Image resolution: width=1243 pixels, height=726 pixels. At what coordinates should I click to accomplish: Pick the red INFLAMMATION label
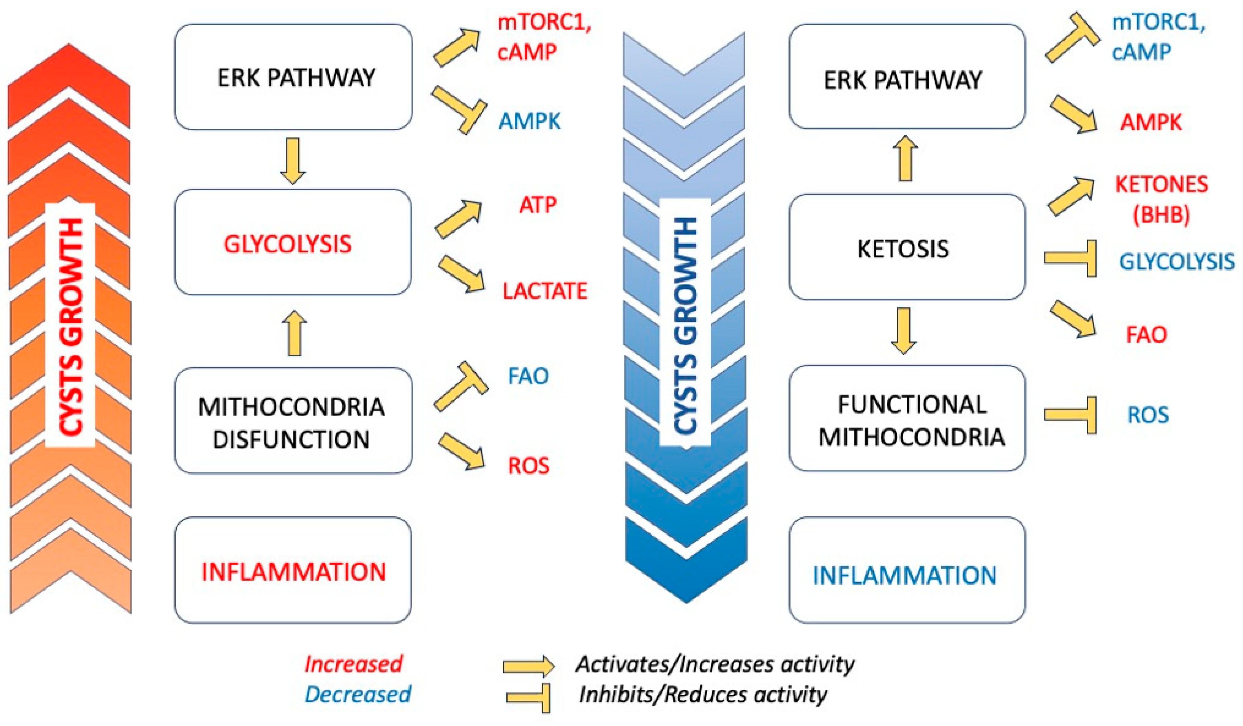293,572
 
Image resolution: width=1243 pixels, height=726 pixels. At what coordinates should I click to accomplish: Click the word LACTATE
545,291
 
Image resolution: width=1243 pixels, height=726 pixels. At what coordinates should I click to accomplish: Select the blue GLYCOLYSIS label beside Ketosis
1176,261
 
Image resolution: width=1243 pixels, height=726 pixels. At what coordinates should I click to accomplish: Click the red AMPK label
1151,122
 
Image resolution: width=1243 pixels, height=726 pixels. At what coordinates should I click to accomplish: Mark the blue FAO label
528,376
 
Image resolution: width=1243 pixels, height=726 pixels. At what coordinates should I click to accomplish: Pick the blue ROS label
1148,415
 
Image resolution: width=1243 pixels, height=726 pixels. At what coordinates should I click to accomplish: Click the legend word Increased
353,664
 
